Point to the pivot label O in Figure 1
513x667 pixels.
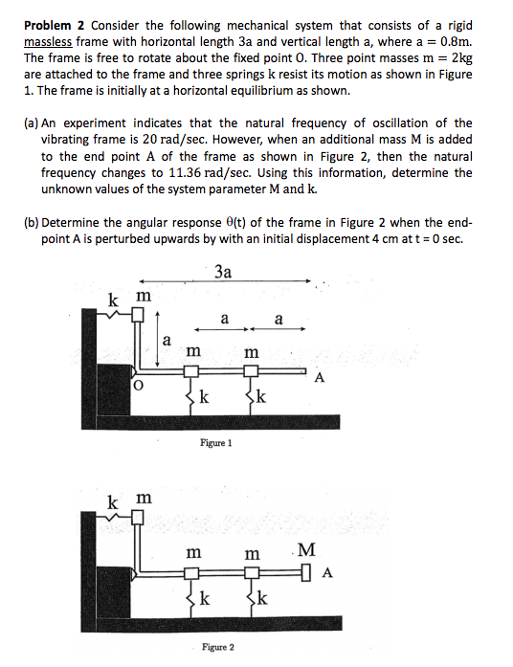[138, 386]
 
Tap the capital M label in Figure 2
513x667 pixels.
[306, 549]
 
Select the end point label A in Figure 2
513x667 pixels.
[327, 574]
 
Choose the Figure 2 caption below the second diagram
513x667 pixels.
[218, 647]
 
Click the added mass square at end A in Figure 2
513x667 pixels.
[306, 573]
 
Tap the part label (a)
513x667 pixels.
[32, 122]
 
